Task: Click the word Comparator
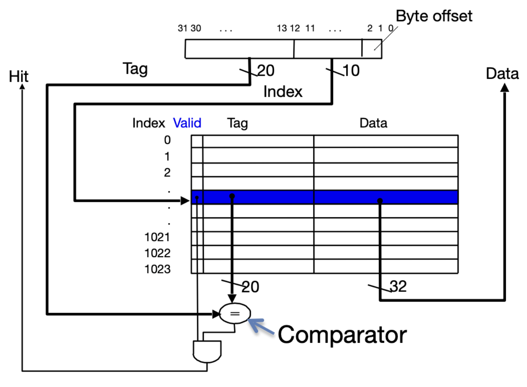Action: (342, 335)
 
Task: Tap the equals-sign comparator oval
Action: (235, 314)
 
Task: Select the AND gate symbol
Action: (207, 351)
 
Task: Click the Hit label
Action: (19, 76)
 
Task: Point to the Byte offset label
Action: (434, 16)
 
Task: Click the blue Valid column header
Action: (187, 123)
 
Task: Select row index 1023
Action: (158, 269)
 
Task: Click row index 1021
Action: (158, 237)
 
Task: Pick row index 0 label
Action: (168, 140)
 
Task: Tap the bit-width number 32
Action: (398, 286)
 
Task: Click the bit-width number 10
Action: (351, 71)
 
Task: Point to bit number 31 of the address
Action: (182, 28)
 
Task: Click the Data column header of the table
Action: (373, 123)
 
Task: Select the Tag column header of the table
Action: (237, 123)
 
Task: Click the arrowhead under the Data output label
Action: (504, 88)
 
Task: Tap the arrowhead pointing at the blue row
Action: (185, 201)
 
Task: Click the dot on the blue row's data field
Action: (380, 201)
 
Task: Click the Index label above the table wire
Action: (283, 92)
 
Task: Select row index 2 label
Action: (168, 172)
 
